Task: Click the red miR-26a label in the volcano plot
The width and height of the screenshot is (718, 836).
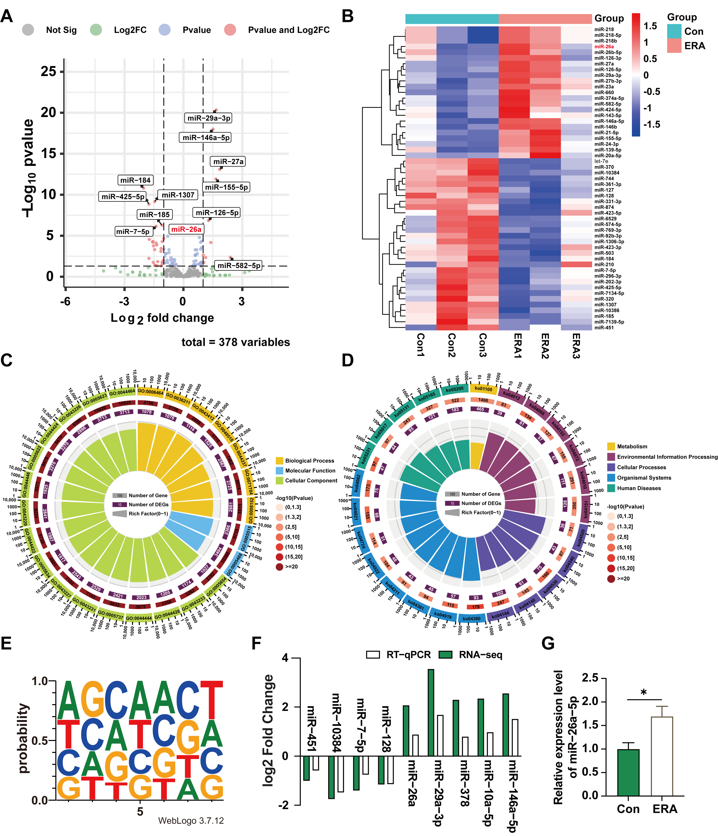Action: coord(186,229)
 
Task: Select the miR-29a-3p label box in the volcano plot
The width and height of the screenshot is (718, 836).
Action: coord(209,118)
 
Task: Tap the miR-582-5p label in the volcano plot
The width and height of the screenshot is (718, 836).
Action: coord(239,266)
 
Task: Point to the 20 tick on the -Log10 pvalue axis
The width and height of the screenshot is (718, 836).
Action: coord(49,113)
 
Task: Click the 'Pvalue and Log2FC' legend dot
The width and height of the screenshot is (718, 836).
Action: coord(230,30)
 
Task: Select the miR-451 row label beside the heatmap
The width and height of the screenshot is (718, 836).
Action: coord(604,328)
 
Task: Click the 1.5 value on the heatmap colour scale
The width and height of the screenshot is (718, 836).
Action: coord(650,26)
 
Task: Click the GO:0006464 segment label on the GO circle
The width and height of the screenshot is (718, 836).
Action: coord(150,392)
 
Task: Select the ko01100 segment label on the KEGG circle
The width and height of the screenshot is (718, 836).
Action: coord(483,389)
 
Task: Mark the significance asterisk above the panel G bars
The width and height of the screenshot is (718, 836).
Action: coord(644,692)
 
